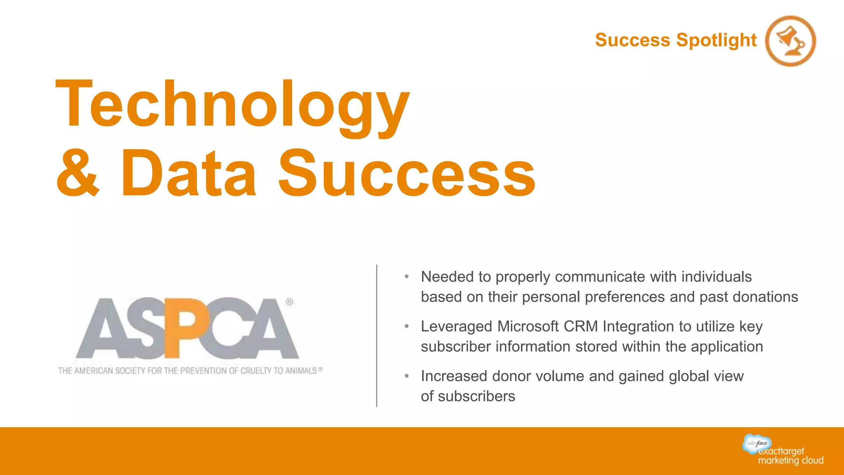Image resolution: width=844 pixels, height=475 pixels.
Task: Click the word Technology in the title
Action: [233, 105]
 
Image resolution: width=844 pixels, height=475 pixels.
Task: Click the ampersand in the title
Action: [78, 174]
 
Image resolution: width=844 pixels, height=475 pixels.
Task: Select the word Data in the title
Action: [189, 174]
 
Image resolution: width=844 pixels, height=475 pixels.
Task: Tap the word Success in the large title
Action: [407, 174]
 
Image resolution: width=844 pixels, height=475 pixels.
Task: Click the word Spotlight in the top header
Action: [717, 40]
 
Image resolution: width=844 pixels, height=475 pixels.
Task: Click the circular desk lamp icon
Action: [790, 41]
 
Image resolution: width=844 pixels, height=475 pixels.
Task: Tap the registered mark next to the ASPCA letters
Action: [290, 302]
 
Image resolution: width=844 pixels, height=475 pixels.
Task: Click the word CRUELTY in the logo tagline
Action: [256, 371]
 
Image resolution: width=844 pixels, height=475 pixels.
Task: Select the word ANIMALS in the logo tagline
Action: [301, 371]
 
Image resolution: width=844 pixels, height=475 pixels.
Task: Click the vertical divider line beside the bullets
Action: [377, 336]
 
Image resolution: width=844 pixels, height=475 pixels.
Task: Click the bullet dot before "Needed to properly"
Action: [407, 277]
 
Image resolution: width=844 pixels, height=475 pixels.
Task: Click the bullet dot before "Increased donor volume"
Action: [407, 376]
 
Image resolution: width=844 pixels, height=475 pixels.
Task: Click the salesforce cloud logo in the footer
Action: [757, 444]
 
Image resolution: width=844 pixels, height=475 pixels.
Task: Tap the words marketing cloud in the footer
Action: [790, 461]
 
